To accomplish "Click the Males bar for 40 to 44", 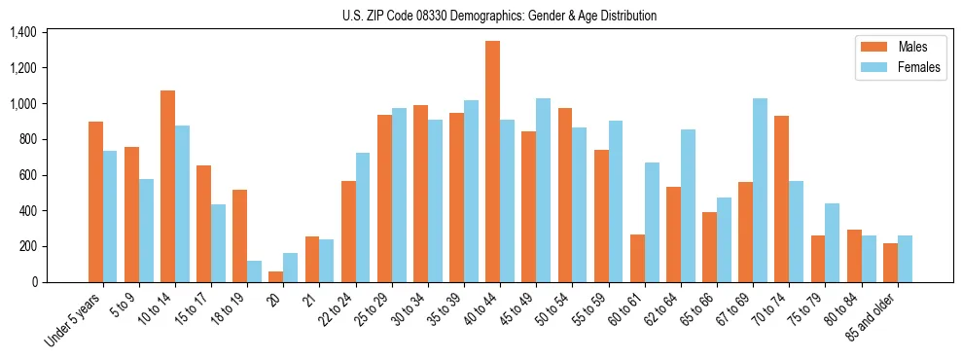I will click(492, 162).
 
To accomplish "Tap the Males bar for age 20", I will click(276, 276).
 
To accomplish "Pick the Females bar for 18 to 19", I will click(255, 271).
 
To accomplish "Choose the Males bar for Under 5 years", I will click(95, 202).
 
